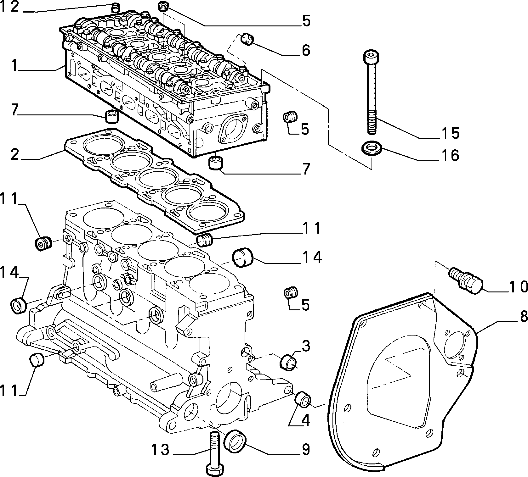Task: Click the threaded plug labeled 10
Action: pos(465,279)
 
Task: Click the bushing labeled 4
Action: pos(303,399)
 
